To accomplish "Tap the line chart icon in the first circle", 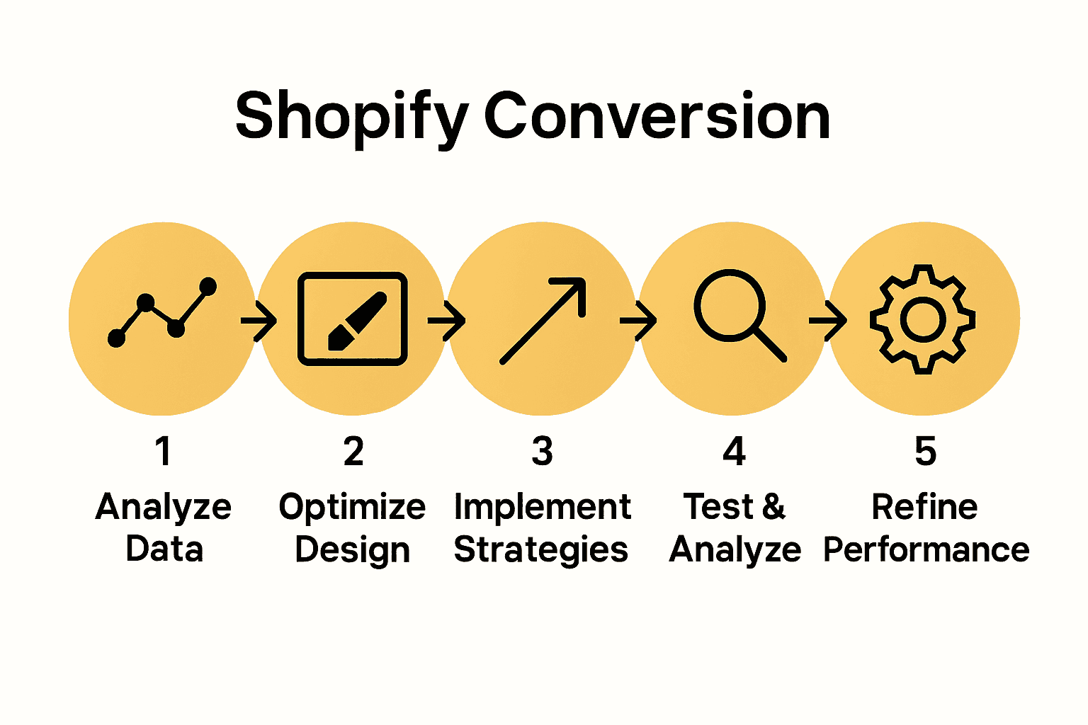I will [x=162, y=312].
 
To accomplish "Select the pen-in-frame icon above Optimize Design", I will [x=352, y=319].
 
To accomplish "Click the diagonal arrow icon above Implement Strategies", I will [x=543, y=320].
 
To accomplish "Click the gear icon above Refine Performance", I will [x=922, y=319].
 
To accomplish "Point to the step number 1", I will [x=164, y=451].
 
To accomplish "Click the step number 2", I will [x=353, y=451].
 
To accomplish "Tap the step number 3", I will [x=542, y=451].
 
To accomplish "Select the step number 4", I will [x=734, y=451].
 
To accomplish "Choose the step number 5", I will [x=925, y=451].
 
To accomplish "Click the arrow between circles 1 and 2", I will [x=259, y=321].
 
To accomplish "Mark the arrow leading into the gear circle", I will [x=827, y=321].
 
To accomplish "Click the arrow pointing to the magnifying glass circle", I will [x=638, y=321].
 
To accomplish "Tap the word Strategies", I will [x=540, y=550].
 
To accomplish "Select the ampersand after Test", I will [x=773, y=507].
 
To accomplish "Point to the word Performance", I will [x=926, y=550].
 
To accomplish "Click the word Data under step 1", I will [x=164, y=549].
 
